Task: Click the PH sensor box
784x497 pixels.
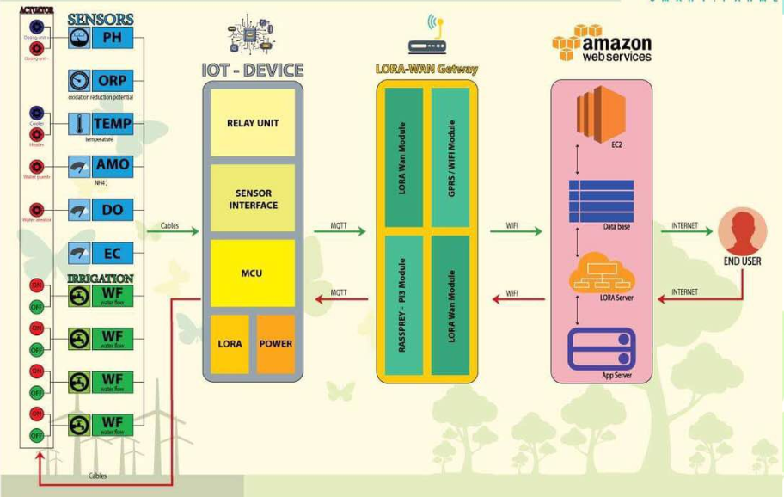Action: [112, 38]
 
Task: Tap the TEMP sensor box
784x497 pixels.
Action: [112, 123]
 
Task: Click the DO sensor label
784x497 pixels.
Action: [112, 209]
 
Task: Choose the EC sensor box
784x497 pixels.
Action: [112, 253]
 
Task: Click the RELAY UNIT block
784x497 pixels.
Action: [253, 123]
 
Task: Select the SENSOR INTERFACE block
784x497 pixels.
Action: [253, 199]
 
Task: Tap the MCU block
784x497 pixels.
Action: [253, 273]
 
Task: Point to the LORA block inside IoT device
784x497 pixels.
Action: [230, 343]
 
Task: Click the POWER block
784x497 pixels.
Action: [276, 343]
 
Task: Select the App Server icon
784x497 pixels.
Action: [601, 348]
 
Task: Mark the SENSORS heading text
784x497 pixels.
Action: [101, 19]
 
